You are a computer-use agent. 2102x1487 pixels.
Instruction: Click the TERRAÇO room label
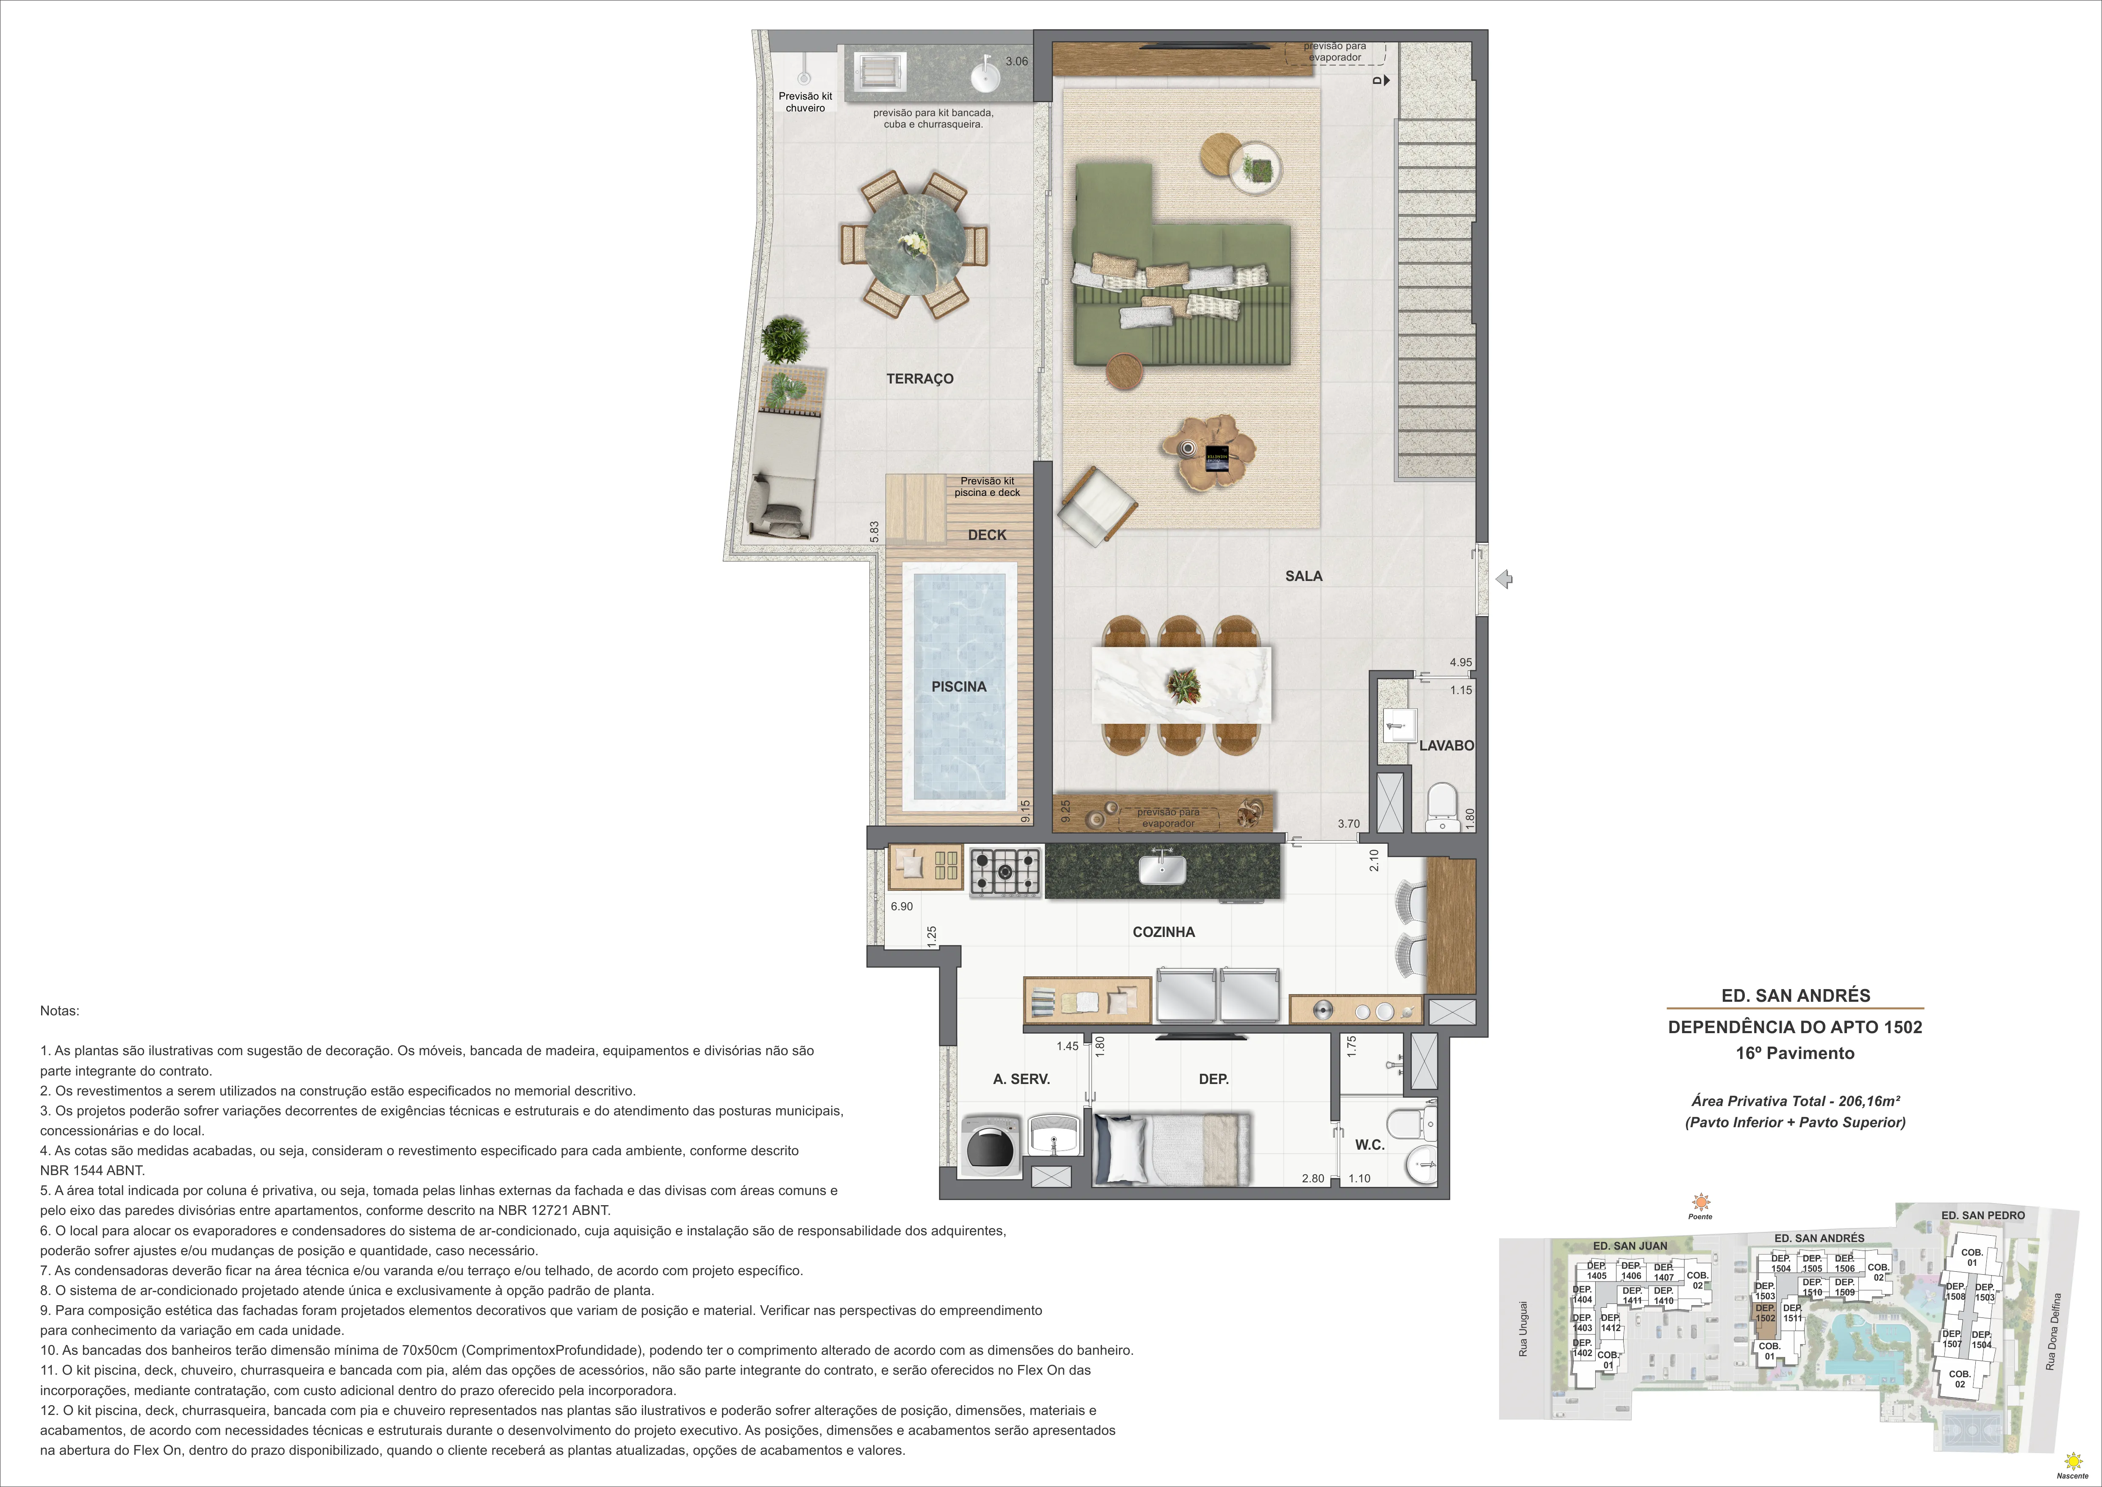pos(919,378)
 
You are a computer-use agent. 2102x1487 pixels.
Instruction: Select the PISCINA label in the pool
pos(958,686)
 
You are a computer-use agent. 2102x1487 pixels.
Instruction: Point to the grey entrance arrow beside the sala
pos(1503,579)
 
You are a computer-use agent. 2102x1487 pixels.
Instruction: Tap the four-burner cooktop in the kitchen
pos(1005,872)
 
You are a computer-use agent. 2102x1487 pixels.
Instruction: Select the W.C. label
pos(1369,1145)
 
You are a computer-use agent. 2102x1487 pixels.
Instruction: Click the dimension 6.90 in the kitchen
pos(902,906)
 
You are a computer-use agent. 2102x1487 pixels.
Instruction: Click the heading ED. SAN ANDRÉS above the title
pos(1795,995)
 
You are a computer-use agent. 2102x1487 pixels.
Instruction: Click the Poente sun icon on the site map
pos(1700,1202)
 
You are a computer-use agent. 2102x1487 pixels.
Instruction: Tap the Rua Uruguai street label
pos(1522,1328)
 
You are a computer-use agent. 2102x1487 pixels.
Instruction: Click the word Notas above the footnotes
pos(59,1011)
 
